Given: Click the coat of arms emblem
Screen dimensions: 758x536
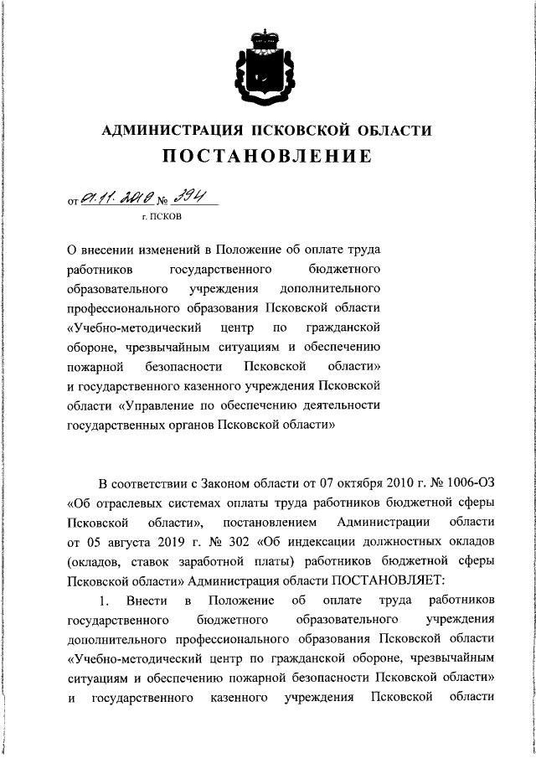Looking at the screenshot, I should (x=267, y=66).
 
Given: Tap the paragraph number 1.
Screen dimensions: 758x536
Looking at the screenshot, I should (x=105, y=601).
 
